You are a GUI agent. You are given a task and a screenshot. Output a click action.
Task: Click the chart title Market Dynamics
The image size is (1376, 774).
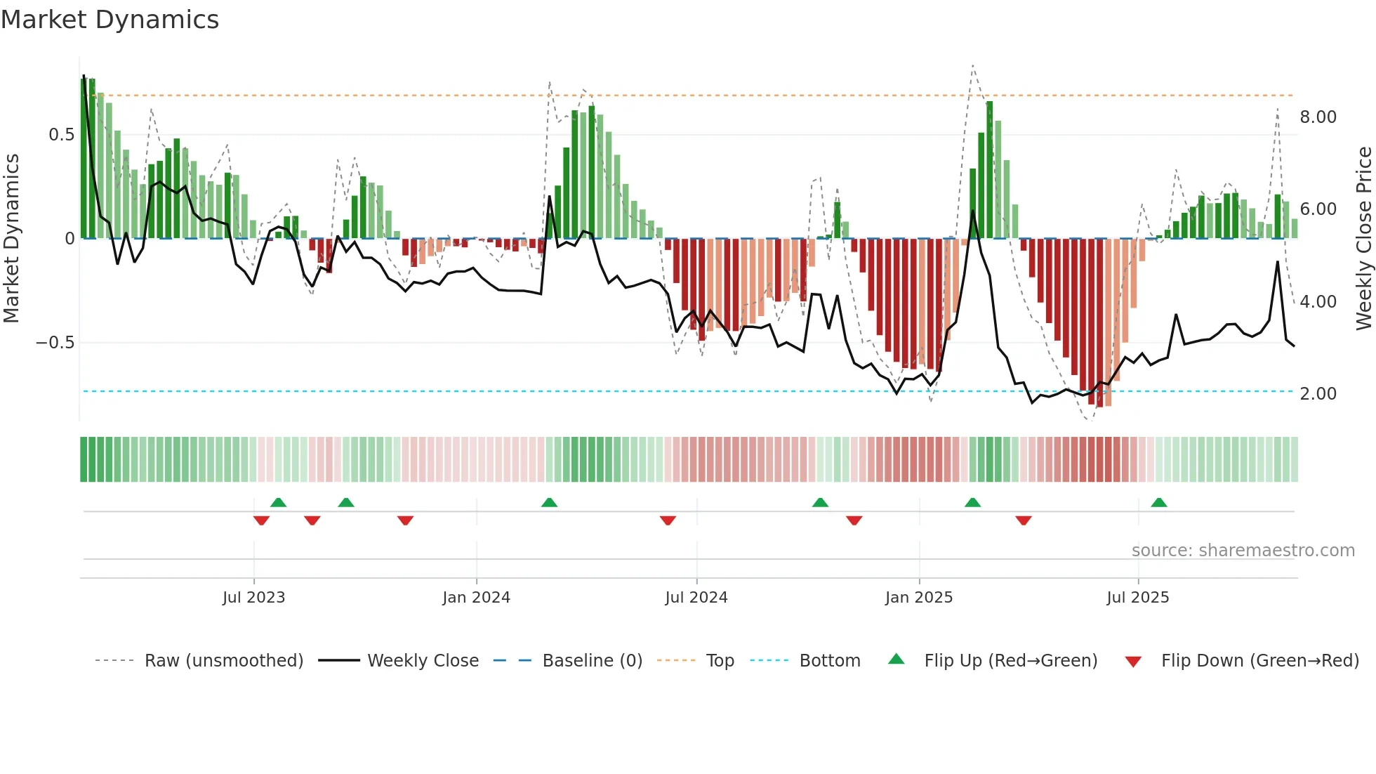pyautogui.click(x=110, y=20)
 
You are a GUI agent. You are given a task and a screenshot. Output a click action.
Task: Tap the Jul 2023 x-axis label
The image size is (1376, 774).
pyautogui.click(x=253, y=598)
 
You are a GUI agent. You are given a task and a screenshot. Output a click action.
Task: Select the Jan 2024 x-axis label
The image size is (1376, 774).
pyautogui.click(x=476, y=598)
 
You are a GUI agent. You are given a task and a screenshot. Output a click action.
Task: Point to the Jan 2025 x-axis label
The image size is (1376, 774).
pyautogui.click(x=918, y=598)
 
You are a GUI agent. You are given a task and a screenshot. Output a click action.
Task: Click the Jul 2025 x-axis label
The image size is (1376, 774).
pyautogui.click(x=1137, y=598)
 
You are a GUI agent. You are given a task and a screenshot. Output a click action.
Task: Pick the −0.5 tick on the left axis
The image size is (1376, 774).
pyautogui.click(x=55, y=343)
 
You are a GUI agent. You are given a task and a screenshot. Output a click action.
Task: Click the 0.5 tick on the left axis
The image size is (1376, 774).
pyautogui.click(x=61, y=135)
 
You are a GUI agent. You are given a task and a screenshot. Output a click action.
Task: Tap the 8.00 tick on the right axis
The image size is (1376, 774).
pyautogui.click(x=1318, y=117)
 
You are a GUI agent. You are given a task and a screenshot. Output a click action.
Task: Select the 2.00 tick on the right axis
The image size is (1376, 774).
pyautogui.click(x=1318, y=394)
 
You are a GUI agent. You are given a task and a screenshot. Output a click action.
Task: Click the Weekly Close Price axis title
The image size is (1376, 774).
pyautogui.click(x=1363, y=239)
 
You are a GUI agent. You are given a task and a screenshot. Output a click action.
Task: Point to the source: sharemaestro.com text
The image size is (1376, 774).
pyautogui.click(x=1243, y=551)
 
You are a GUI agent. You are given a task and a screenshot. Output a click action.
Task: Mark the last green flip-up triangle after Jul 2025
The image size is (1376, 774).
pyautogui.click(x=1159, y=503)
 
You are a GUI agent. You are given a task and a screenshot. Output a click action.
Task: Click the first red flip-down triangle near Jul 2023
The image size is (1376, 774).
pyautogui.click(x=261, y=520)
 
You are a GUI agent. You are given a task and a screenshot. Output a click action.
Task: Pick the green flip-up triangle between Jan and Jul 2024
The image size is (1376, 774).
pyautogui.click(x=549, y=503)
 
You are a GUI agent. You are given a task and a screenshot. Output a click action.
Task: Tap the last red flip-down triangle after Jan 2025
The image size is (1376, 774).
pyautogui.click(x=1023, y=520)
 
